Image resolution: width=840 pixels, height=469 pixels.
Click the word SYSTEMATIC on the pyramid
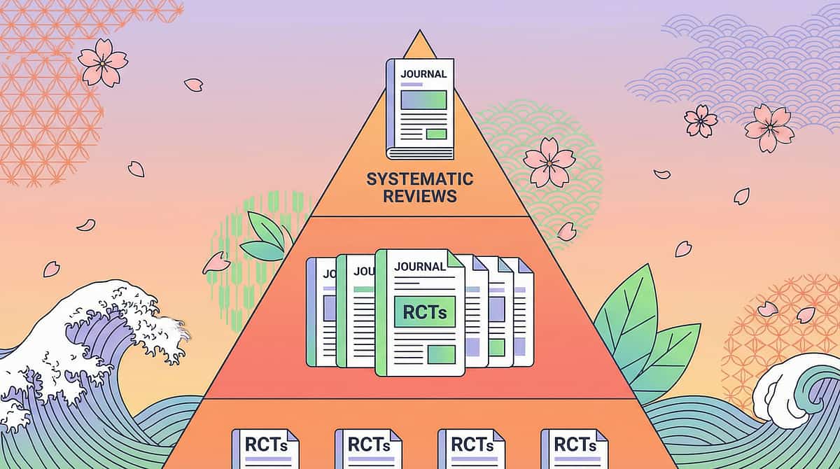(420, 179)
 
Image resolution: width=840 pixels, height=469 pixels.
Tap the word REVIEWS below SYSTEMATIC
(420, 195)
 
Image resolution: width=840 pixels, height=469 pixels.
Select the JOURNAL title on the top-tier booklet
(422, 73)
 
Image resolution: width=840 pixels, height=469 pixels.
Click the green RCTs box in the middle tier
(420, 309)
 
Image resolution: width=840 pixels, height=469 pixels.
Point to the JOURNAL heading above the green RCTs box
(419, 267)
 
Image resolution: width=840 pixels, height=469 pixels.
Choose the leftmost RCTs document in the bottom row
(265, 448)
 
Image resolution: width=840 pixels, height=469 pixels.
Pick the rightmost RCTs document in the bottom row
(574, 448)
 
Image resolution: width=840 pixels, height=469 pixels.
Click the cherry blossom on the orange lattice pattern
(102, 62)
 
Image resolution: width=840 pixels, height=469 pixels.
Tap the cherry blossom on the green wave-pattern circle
(549, 161)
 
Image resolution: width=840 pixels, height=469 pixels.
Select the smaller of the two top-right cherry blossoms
(701, 120)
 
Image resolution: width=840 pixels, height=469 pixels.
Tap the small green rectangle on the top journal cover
(436, 134)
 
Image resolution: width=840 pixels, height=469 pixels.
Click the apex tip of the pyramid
(419, 32)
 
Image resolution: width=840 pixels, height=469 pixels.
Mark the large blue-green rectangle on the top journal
(423, 100)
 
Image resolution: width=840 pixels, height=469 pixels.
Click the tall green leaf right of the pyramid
(626, 315)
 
